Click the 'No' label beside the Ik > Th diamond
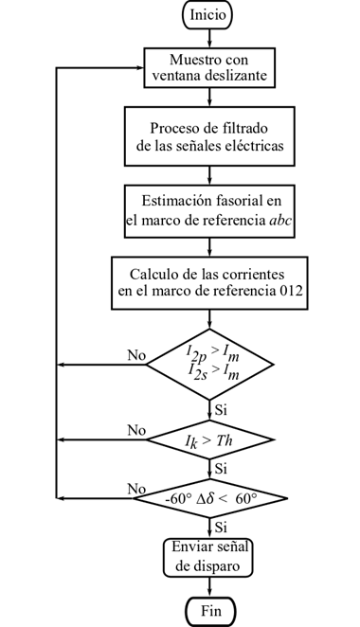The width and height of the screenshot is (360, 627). pos(136,431)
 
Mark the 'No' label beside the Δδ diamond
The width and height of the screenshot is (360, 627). pos(136,489)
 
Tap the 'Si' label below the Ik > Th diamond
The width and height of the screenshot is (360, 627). pos(222,468)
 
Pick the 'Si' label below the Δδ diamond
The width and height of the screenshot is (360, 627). pos(222,525)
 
